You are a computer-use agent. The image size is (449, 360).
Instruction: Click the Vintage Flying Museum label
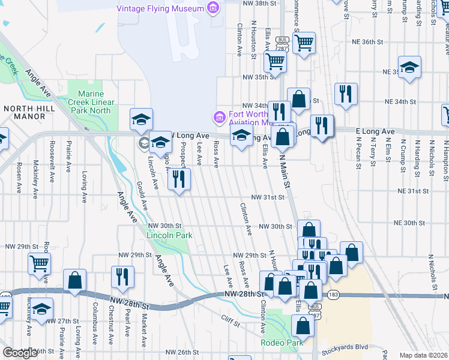[160, 8]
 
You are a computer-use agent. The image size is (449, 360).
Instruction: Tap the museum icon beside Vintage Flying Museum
[212, 8]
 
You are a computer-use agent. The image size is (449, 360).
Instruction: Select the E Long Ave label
[375, 131]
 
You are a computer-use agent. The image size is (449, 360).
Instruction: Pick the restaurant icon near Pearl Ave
[122, 277]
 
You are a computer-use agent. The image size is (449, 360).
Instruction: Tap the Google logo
[20, 353]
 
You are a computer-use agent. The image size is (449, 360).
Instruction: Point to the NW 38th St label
[258, 4]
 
